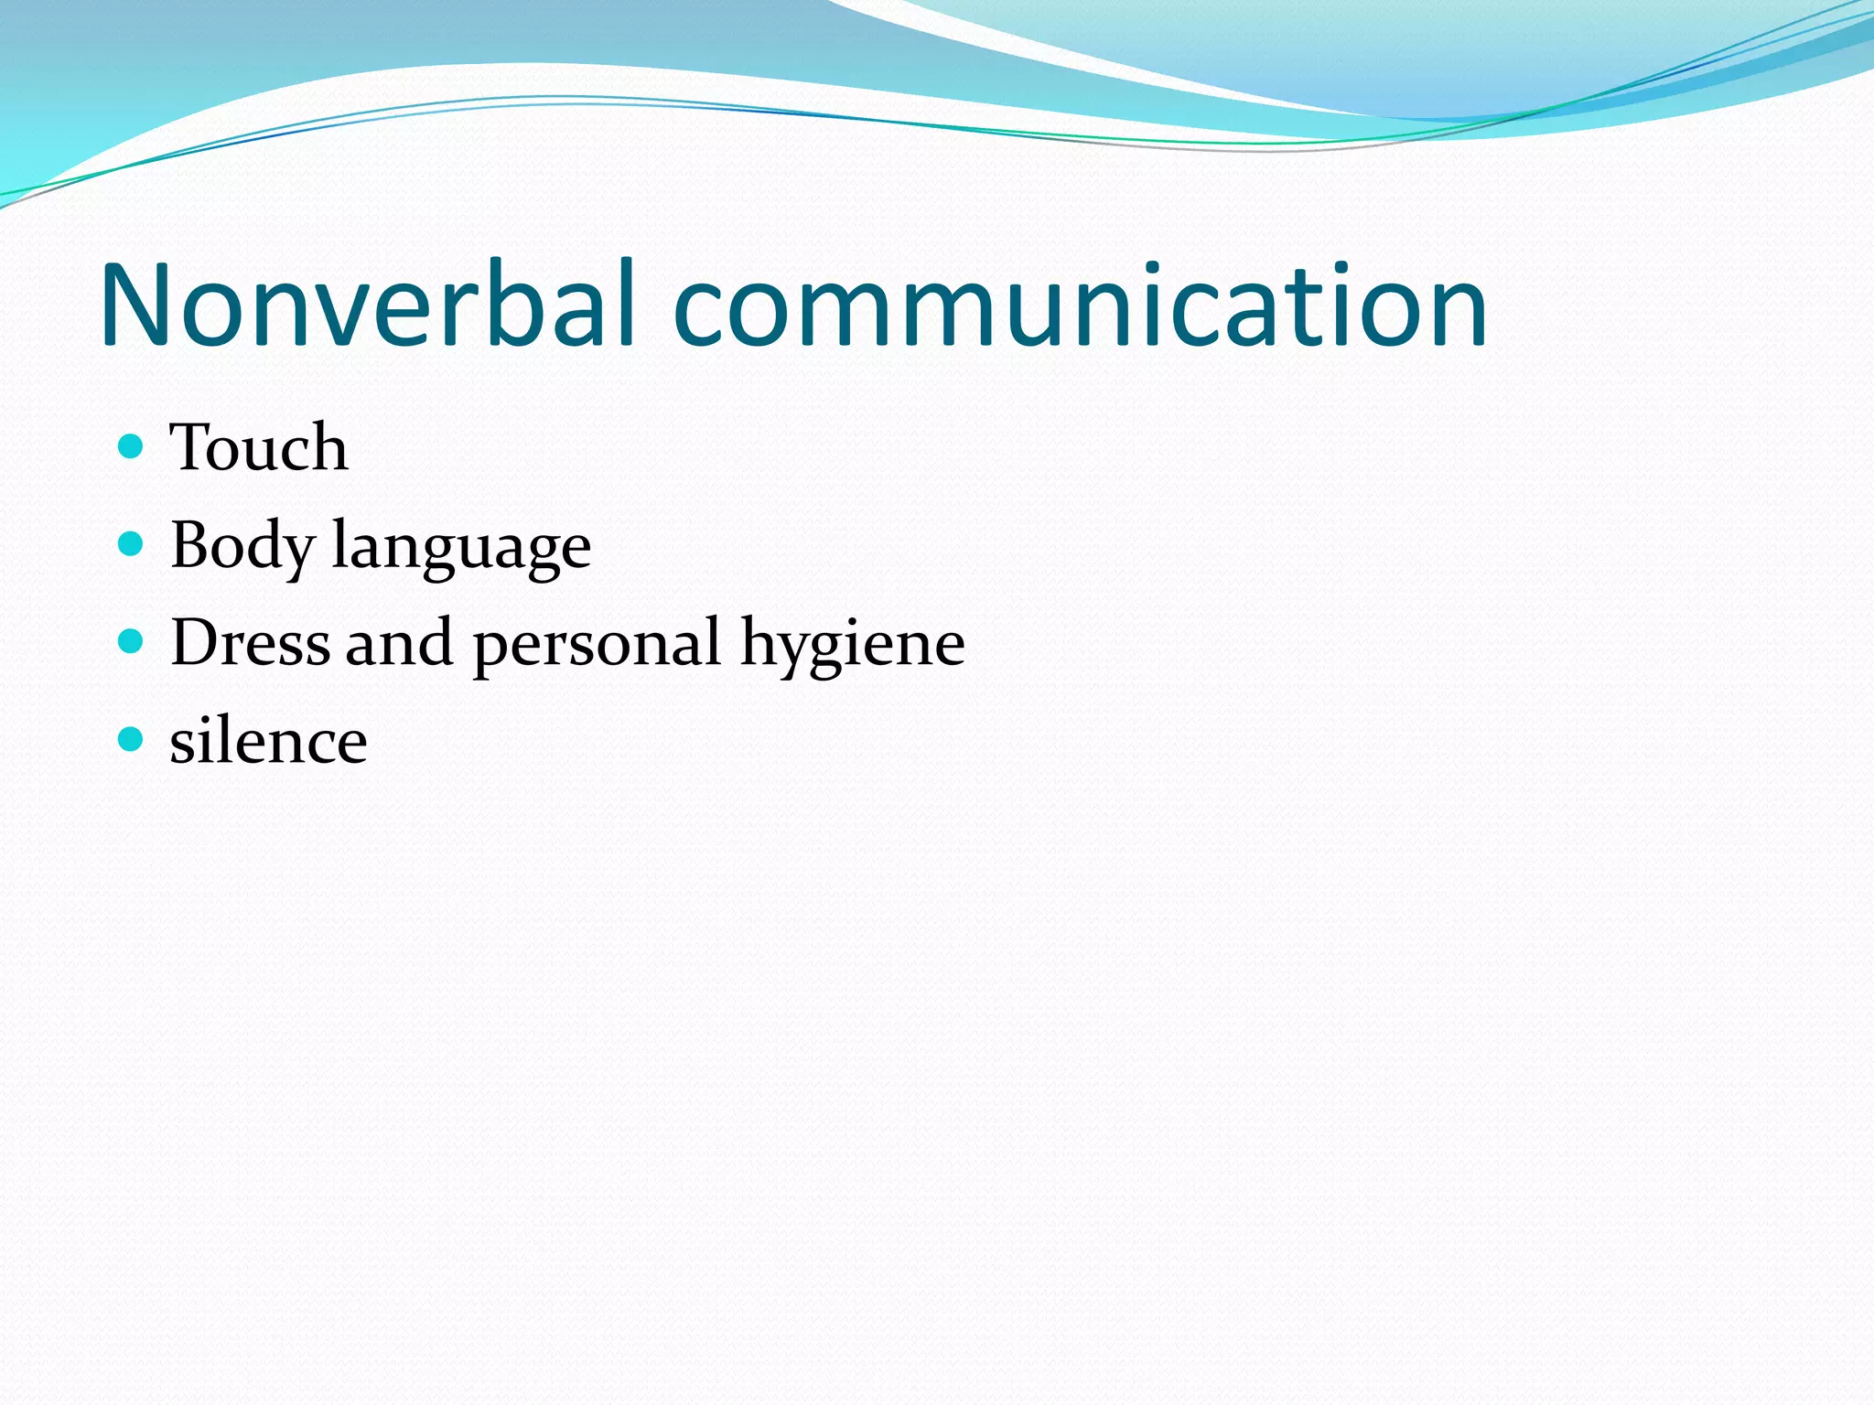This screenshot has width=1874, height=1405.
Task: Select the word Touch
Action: (x=259, y=448)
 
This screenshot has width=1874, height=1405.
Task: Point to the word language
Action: (x=461, y=549)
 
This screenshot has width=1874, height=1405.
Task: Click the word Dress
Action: (x=250, y=642)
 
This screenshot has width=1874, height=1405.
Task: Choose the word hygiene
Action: (x=852, y=646)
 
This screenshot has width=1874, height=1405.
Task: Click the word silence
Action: (x=268, y=741)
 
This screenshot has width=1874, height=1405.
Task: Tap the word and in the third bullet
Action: (x=399, y=642)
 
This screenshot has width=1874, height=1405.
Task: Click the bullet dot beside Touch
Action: (x=132, y=446)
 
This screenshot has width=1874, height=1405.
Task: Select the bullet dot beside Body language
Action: (x=132, y=544)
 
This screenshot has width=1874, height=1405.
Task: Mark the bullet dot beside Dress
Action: (x=132, y=641)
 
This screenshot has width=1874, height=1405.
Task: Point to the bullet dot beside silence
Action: (x=132, y=739)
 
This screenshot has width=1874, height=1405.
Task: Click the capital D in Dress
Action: (x=196, y=642)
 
